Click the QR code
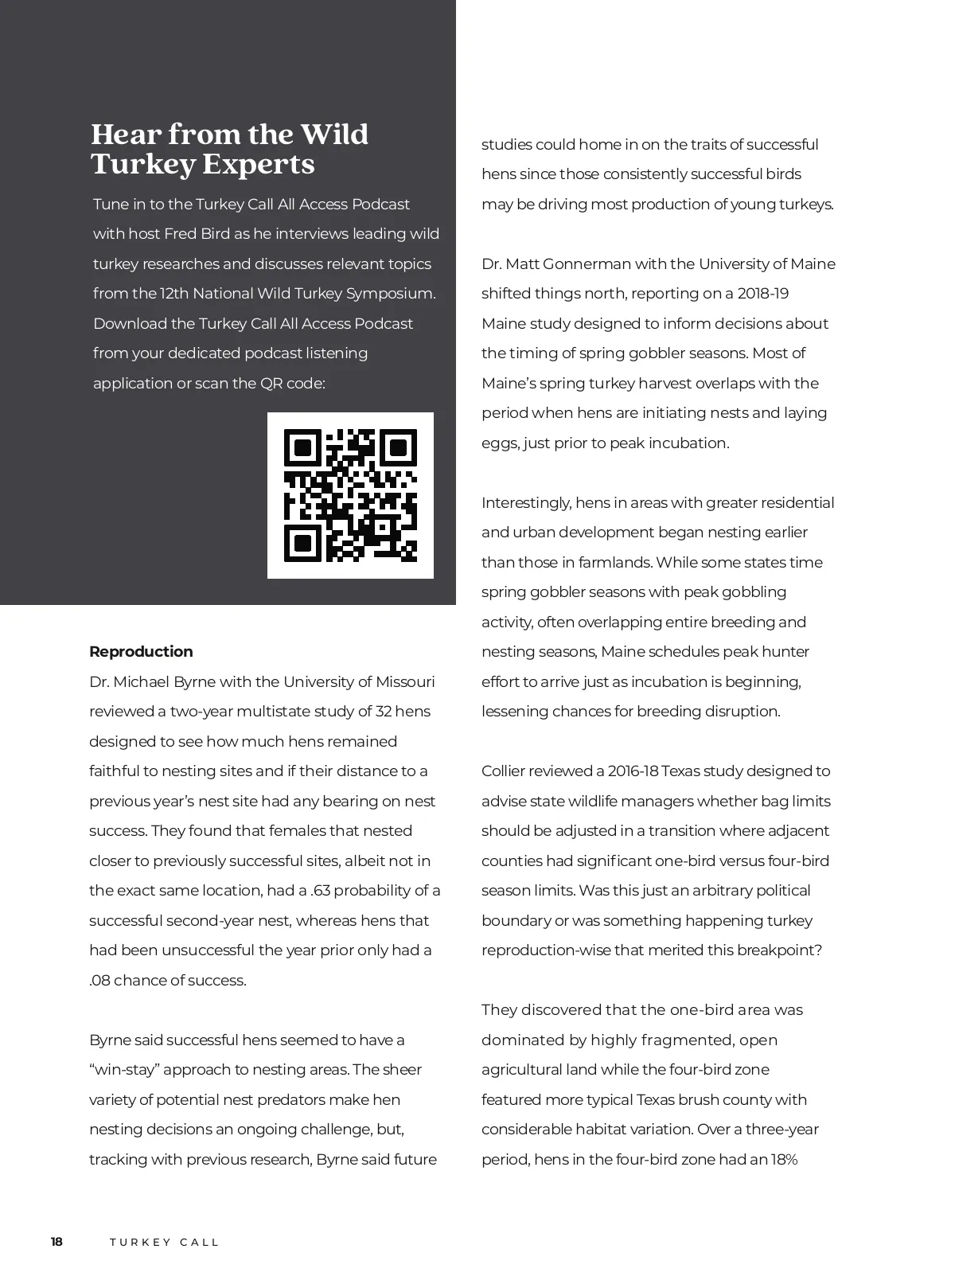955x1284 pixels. point(350,495)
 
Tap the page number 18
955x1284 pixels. point(57,1242)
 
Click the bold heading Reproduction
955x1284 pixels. point(141,652)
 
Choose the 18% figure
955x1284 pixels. point(784,1159)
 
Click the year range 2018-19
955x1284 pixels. point(762,294)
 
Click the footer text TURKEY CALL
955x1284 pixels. point(164,1243)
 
